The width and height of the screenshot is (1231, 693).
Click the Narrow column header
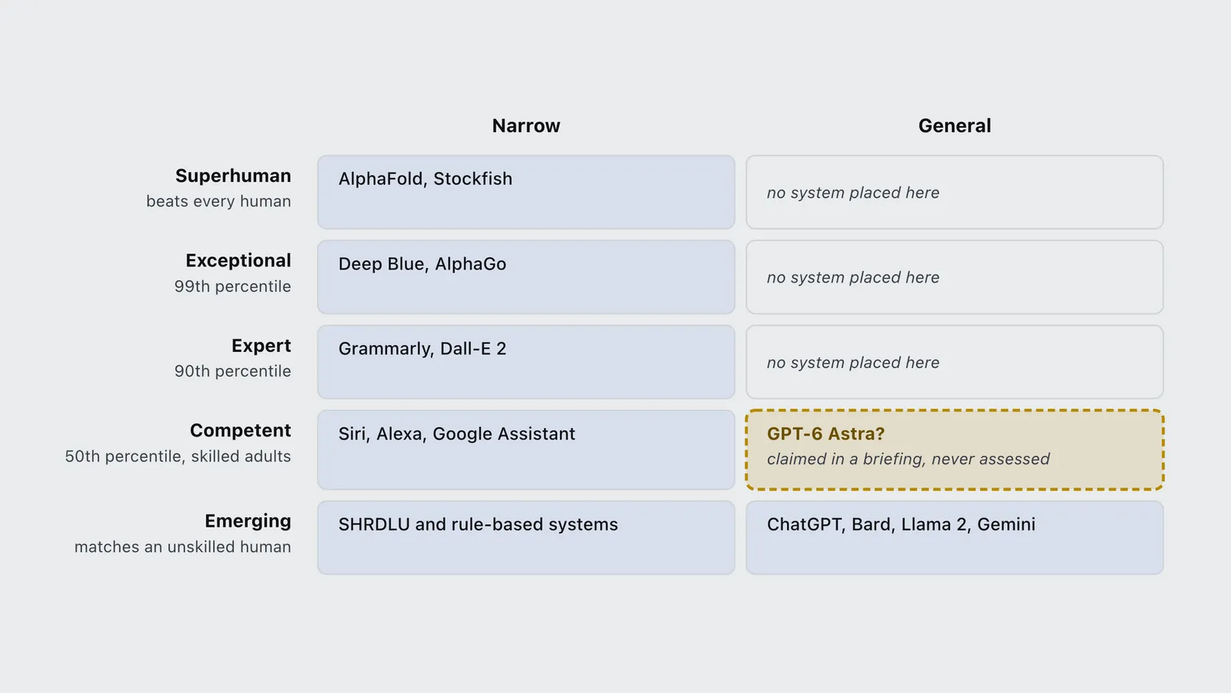[526, 126]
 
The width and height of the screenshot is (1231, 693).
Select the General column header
[955, 126]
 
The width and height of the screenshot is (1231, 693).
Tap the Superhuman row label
[233, 176]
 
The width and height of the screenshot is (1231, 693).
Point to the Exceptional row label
[238, 261]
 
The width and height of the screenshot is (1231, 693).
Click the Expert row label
[261, 346]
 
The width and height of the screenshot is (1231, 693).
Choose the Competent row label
[240, 430]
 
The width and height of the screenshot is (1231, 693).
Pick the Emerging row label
[248, 521]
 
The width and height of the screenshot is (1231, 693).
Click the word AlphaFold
[380, 179]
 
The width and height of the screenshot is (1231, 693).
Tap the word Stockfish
[472, 179]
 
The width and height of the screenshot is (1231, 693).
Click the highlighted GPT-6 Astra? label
[826, 434]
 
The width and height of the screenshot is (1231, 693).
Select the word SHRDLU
[374, 524]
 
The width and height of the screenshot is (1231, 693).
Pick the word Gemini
[1006, 524]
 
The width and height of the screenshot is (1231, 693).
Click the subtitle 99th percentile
[232, 286]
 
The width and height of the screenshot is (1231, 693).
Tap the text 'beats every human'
[219, 201]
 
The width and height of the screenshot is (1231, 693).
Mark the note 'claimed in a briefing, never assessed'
[909, 459]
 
